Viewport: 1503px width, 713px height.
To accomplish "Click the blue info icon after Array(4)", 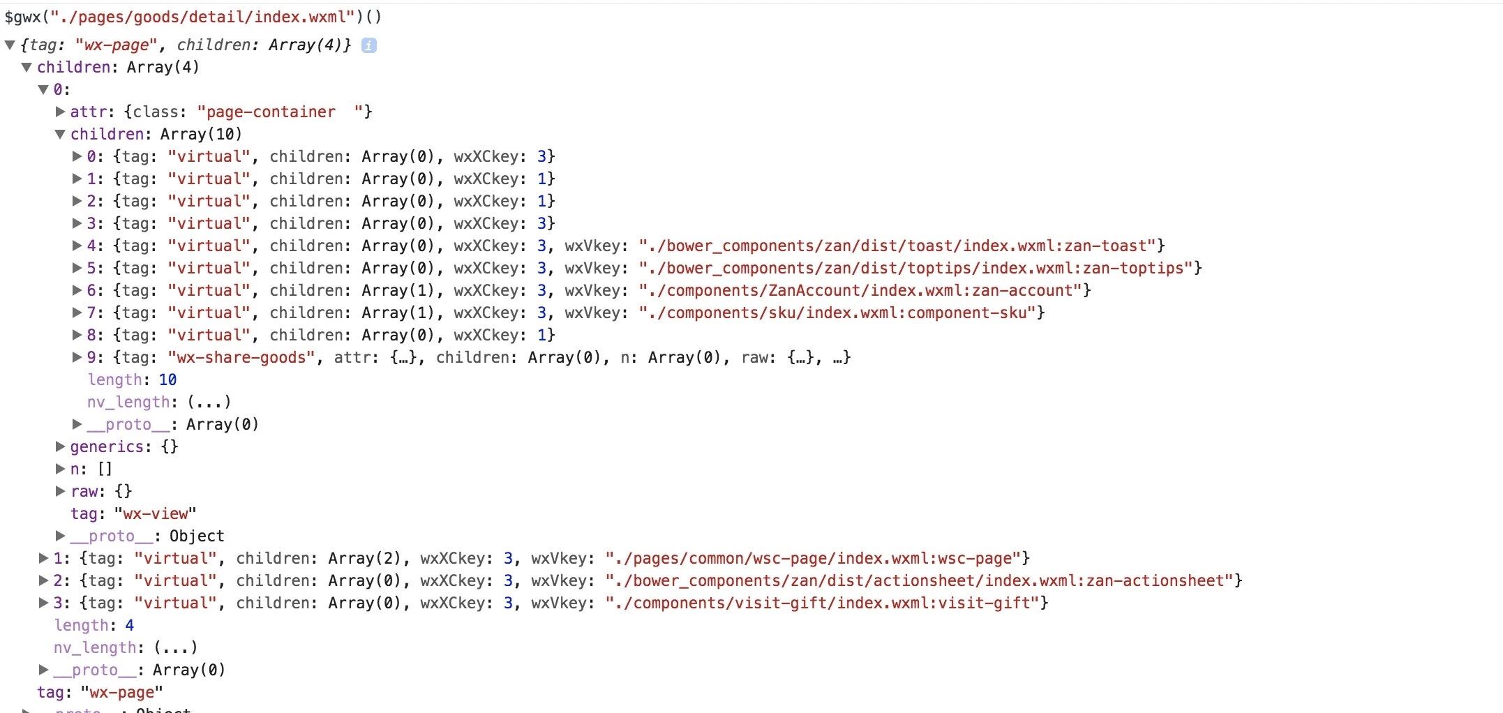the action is click(369, 45).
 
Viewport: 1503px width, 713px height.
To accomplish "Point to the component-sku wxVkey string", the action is click(841, 313).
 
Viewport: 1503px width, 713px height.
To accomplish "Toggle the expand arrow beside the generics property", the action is click(61, 446).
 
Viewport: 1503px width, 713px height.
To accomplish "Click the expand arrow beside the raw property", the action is click(61, 491).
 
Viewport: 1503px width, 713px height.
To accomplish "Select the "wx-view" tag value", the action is click(155, 513).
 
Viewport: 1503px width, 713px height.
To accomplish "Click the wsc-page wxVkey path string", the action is click(816, 558).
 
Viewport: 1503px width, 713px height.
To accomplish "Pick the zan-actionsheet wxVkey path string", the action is click(923, 580).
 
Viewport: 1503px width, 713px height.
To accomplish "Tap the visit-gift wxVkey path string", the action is click(825, 603).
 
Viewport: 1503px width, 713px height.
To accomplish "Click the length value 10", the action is click(167, 380).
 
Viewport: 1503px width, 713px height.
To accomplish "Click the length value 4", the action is click(129, 625).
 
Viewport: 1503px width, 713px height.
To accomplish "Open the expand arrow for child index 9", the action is click(77, 357).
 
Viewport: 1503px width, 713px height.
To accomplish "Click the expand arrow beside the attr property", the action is click(61, 112).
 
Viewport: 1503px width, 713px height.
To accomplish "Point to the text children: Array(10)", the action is click(156, 134).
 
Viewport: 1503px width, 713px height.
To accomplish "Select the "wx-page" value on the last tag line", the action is click(121, 692).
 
